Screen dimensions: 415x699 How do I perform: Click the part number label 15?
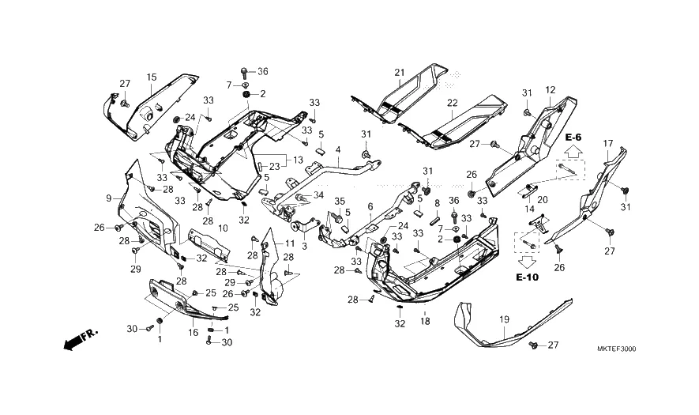tap(152, 77)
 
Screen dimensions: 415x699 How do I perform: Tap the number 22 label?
tap(452, 103)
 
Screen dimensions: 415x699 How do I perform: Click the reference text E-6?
tap(574, 138)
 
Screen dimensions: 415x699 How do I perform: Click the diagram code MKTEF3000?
tap(617, 349)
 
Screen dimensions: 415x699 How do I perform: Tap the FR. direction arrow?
tap(79, 340)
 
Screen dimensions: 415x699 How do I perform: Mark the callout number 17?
tap(608, 143)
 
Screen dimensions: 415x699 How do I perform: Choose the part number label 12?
tap(551, 89)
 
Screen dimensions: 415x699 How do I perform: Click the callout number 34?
tap(318, 194)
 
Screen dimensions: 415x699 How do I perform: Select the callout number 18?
tap(425, 321)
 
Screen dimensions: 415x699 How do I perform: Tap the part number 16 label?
tap(194, 334)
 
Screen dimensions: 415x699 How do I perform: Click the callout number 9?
tap(109, 198)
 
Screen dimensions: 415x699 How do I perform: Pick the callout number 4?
tap(338, 149)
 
